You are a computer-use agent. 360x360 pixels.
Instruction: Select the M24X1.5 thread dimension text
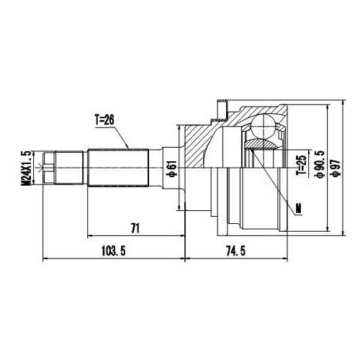tap(27, 168)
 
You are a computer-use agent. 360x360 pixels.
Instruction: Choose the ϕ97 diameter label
tap(336, 166)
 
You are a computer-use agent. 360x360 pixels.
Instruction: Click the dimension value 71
tap(135, 228)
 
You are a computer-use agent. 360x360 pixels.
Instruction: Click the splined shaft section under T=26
tap(118, 168)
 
